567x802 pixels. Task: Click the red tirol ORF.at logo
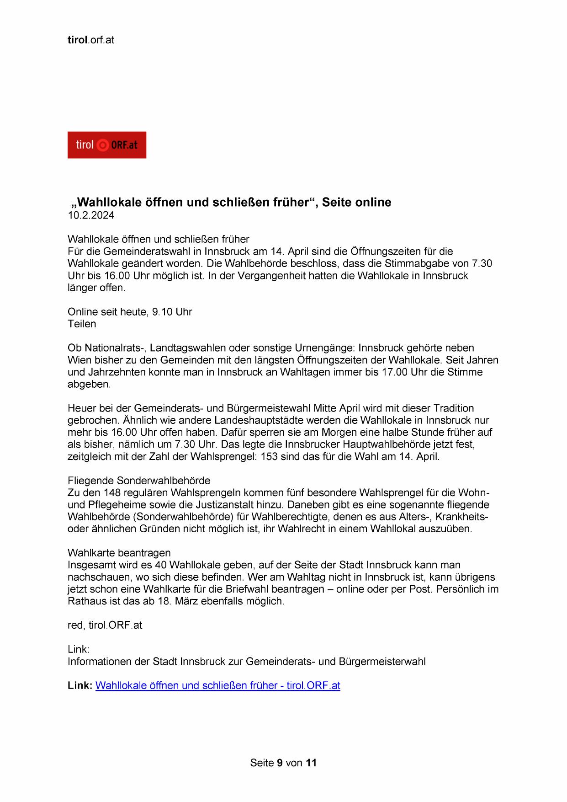pyautogui.click(x=106, y=145)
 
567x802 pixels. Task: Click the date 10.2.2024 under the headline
pyautogui.click(x=91, y=216)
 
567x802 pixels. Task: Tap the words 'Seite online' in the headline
pyautogui.click(x=356, y=202)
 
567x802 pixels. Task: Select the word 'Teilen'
pyautogui.click(x=82, y=324)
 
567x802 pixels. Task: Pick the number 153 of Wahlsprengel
pyautogui.click(x=269, y=456)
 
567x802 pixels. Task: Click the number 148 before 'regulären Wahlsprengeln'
pyautogui.click(x=112, y=493)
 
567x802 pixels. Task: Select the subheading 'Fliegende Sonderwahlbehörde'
pyautogui.click(x=139, y=481)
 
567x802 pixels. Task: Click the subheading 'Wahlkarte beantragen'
pyautogui.click(x=119, y=553)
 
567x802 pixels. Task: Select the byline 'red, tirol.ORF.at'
pyautogui.click(x=105, y=625)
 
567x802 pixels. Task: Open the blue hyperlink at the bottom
pyautogui.click(x=217, y=685)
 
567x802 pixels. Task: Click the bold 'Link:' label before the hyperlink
pyautogui.click(x=80, y=685)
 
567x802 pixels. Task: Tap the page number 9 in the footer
pyautogui.click(x=280, y=763)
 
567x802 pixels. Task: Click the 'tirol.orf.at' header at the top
pyautogui.click(x=91, y=40)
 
